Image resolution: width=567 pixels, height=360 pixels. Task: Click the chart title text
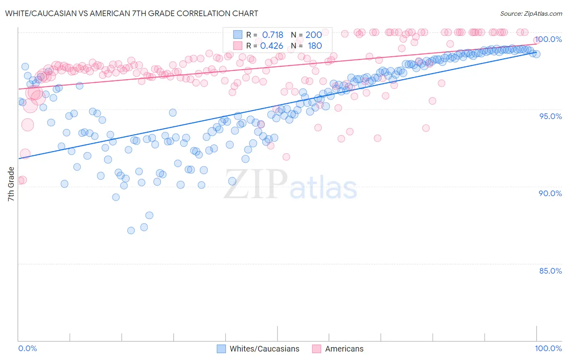(x=131, y=13)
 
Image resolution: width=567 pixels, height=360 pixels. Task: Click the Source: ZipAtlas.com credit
(x=531, y=13)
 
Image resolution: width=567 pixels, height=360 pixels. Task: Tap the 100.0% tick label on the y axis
(x=548, y=39)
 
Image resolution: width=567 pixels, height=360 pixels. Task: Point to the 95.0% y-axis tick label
(x=550, y=116)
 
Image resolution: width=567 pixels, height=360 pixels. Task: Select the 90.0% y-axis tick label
(x=550, y=193)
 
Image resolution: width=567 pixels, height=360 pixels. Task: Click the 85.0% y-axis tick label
(x=550, y=271)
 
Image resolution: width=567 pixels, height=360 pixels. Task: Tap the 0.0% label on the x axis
(x=28, y=348)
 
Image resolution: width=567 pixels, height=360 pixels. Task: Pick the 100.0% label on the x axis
(x=548, y=348)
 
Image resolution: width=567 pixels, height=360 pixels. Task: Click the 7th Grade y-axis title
(x=11, y=184)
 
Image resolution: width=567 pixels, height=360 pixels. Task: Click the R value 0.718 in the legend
(x=273, y=35)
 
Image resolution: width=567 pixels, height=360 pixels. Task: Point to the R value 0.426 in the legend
(x=272, y=46)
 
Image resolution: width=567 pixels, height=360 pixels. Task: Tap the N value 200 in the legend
(x=314, y=35)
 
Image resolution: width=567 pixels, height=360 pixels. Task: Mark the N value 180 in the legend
(x=315, y=46)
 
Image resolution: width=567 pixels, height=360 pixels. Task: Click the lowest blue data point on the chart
(x=131, y=230)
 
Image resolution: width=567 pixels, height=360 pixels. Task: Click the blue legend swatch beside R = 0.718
(x=238, y=35)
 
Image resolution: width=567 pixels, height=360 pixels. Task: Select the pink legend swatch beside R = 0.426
(x=238, y=46)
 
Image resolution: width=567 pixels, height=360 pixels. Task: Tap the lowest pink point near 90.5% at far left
(x=22, y=180)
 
